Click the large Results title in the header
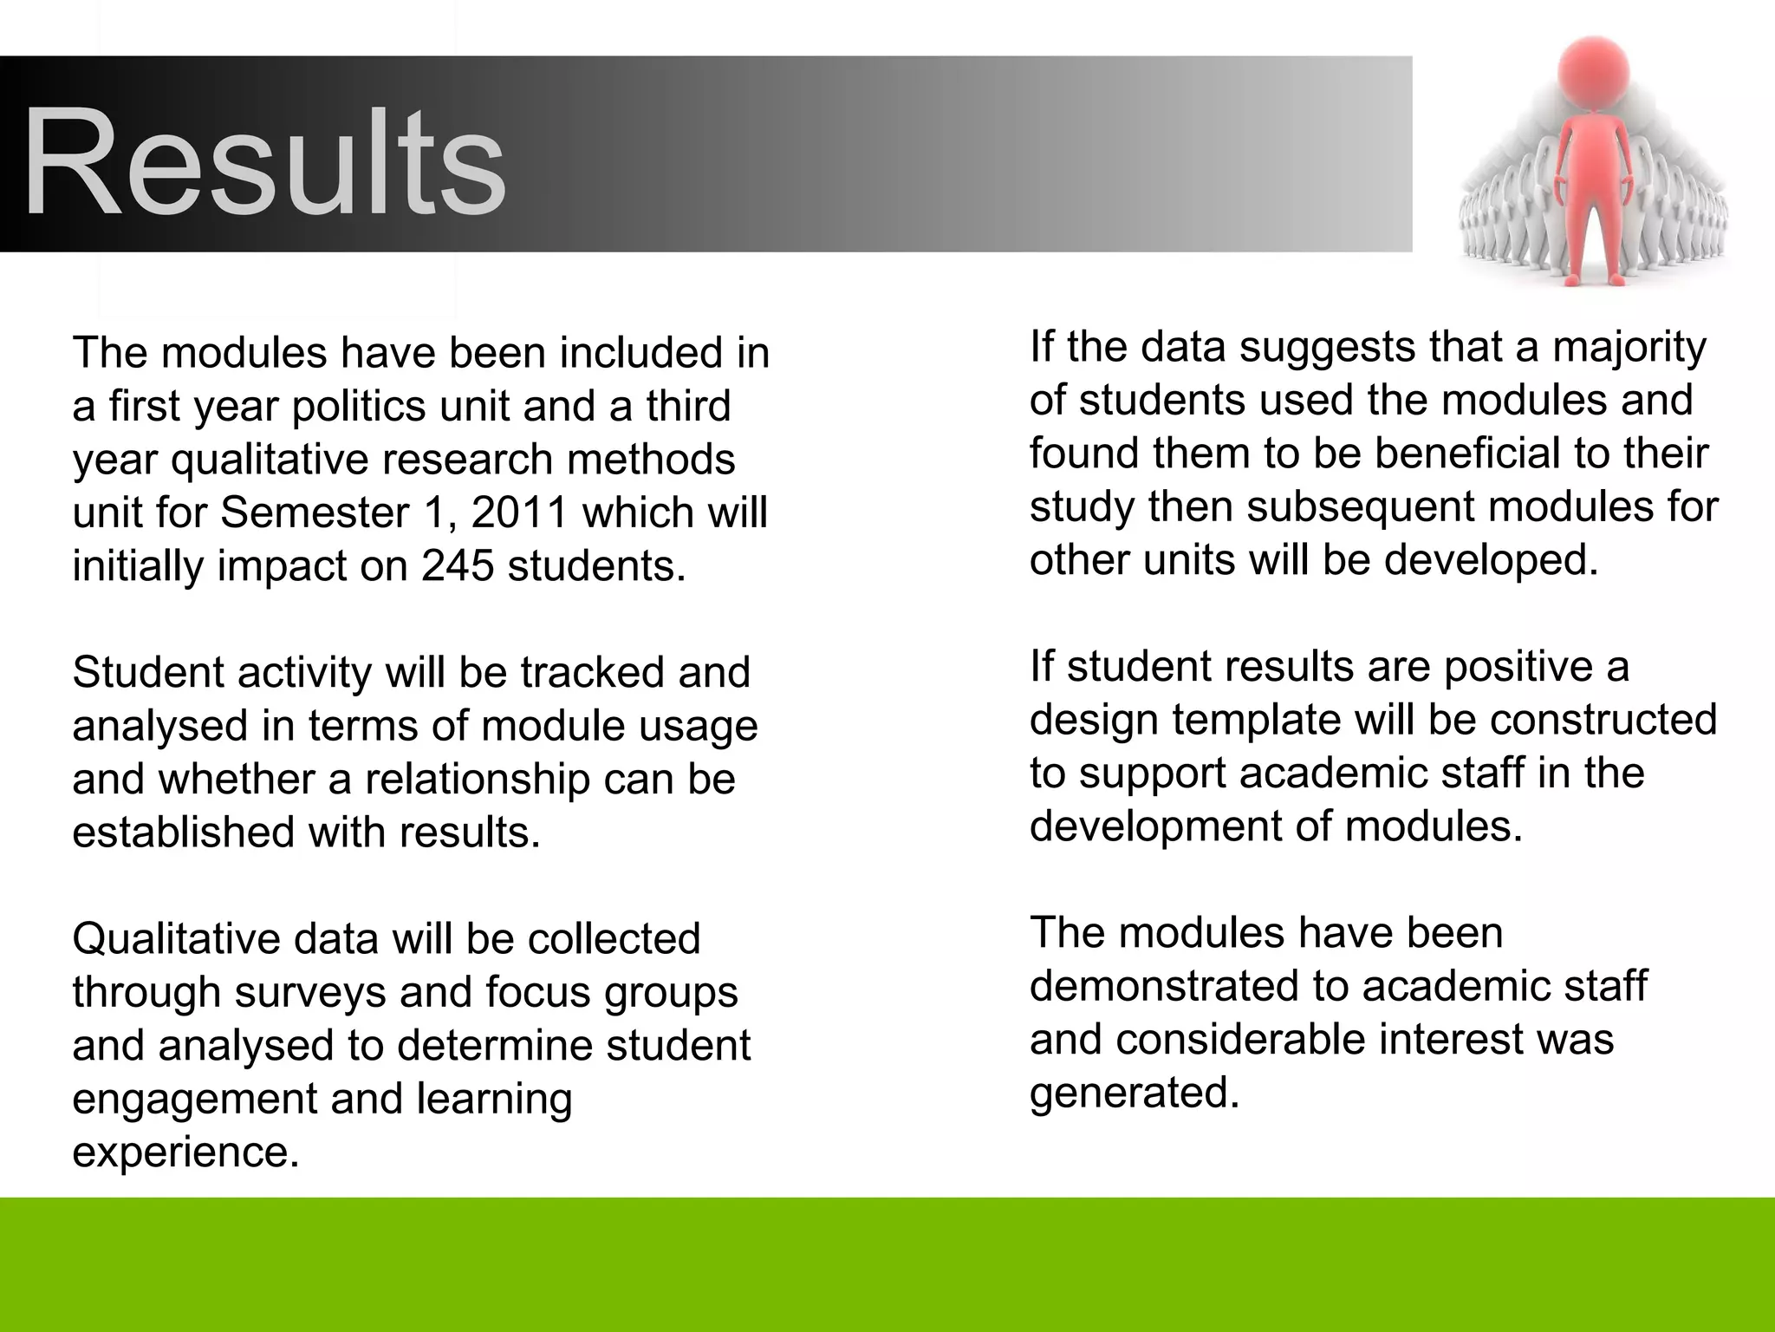click(264, 162)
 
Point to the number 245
click(458, 566)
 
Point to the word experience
click(185, 1152)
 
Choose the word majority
click(1629, 348)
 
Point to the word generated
click(1135, 1093)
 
